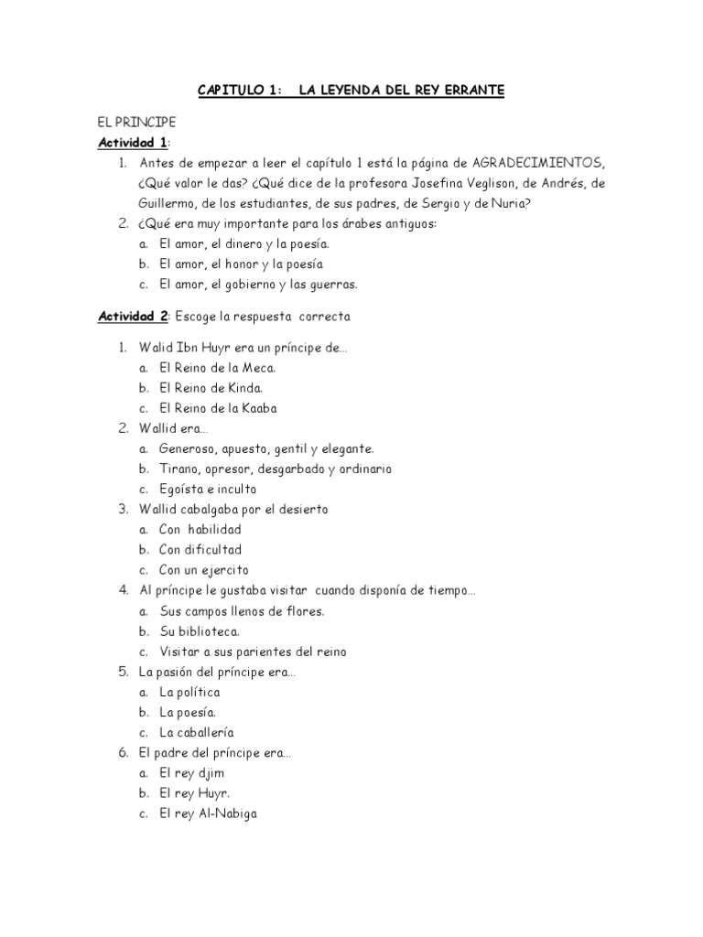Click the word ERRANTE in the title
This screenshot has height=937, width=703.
pos(470,91)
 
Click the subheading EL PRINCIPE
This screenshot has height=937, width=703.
pos(136,122)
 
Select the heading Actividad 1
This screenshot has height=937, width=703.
pos(133,142)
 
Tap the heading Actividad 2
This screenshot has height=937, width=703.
pos(133,316)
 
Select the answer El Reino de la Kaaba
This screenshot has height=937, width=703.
pos(217,407)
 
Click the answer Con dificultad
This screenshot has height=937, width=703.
pos(200,549)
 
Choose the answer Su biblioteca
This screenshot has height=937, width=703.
pos(200,630)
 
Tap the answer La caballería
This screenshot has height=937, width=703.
pos(196,732)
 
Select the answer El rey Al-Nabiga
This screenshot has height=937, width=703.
pos(208,813)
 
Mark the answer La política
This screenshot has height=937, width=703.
pos(189,692)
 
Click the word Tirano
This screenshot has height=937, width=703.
pos(178,468)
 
